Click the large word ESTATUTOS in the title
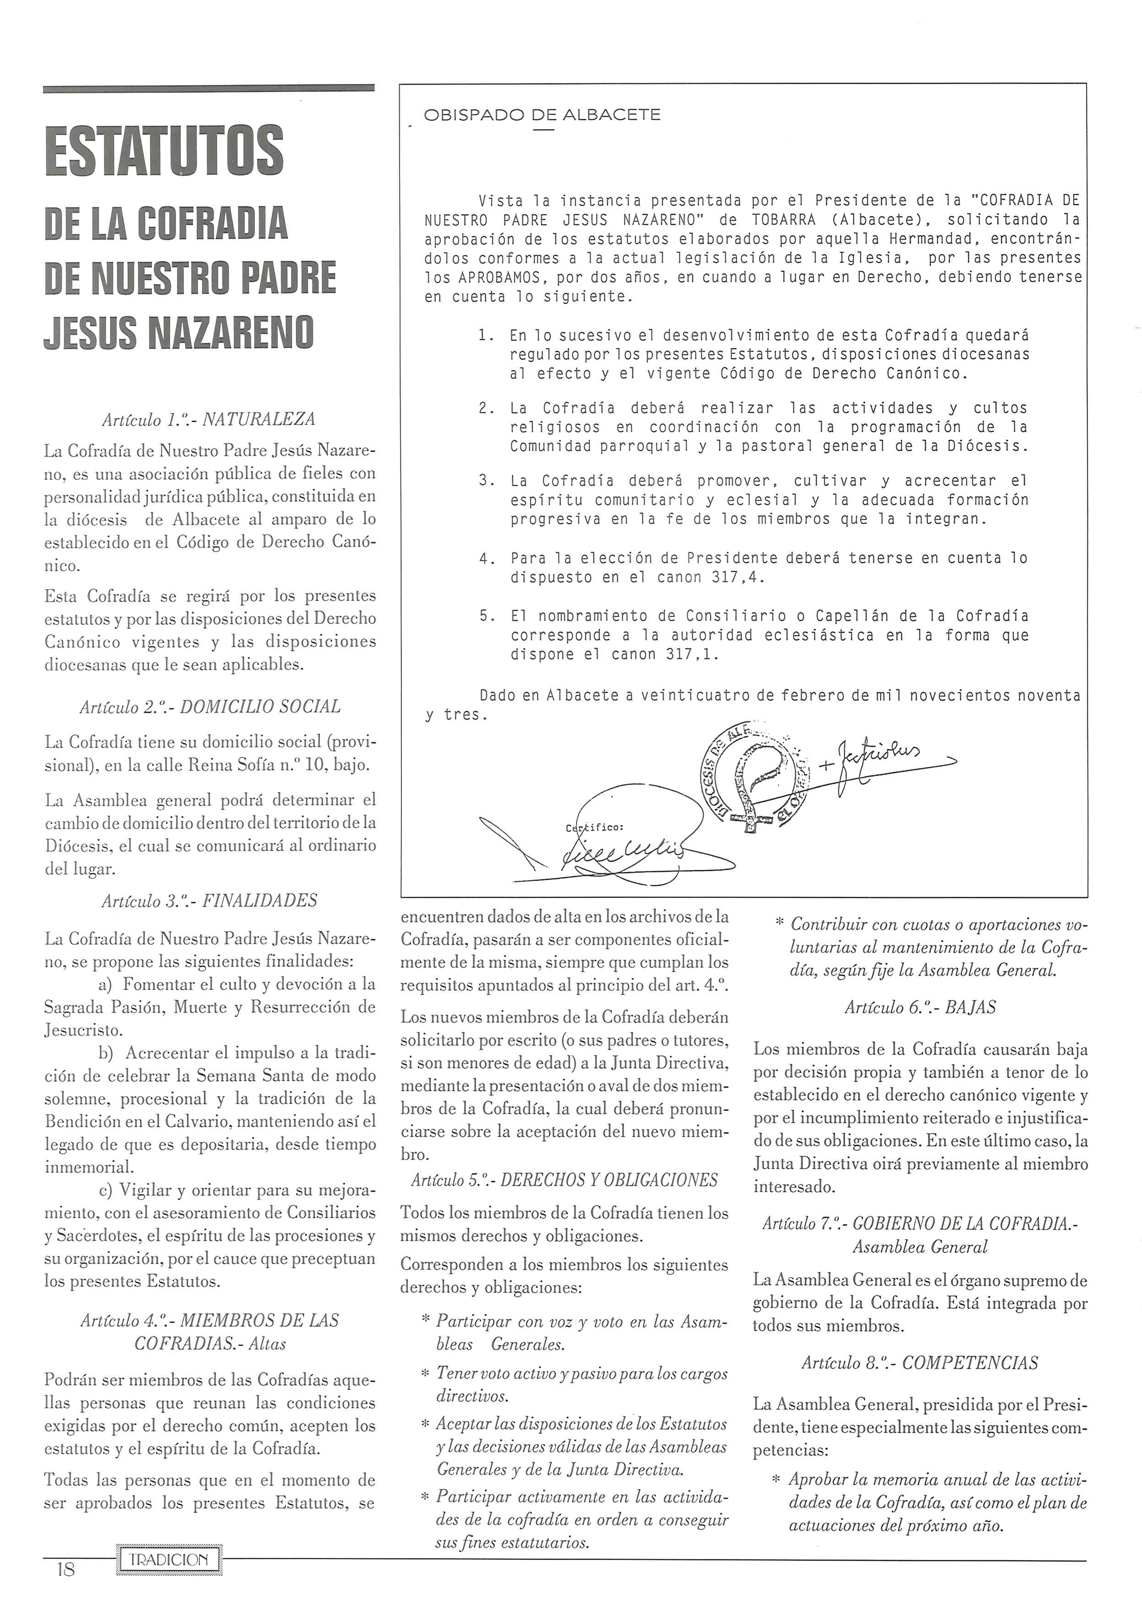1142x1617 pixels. [x=164, y=151]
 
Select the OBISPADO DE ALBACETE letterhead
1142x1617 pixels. [x=542, y=115]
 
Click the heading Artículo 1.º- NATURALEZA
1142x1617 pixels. [x=209, y=420]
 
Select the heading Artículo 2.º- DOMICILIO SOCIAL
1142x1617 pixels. [x=210, y=707]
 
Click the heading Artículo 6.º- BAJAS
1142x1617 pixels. [x=920, y=1007]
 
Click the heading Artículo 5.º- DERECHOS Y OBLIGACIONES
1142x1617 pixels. [x=564, y=1180]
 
